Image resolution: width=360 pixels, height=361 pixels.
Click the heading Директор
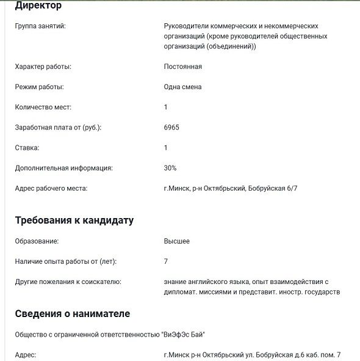38,6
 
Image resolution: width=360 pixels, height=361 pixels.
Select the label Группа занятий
40,27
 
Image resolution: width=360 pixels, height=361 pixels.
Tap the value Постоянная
183,67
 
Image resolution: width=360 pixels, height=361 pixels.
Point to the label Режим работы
39,87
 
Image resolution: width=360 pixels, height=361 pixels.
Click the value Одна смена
183,87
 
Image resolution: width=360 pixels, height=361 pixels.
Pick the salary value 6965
171,127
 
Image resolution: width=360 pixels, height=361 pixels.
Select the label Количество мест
43,107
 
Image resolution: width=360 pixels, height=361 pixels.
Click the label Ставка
27,147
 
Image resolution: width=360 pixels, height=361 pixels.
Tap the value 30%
170,167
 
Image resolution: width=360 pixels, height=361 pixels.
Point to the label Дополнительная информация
63,167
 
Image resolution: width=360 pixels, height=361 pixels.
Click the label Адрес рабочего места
51,188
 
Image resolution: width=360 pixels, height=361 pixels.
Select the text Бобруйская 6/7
273,188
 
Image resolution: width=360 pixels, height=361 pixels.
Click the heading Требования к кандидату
74,221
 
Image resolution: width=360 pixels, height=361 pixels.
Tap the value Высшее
177,241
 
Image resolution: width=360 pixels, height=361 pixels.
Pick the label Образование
37,241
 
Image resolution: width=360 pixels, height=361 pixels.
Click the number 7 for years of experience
166,261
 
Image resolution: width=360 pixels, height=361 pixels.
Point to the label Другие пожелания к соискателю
68,282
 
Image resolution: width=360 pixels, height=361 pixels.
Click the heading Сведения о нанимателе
72,314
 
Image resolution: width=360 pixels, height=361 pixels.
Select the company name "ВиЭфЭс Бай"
184,334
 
